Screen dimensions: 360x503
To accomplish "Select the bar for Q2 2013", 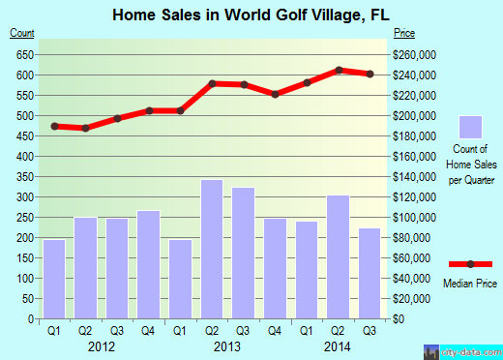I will [212, 249].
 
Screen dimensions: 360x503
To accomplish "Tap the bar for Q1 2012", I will [55, 279].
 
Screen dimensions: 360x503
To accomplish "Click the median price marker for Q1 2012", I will [55, 126].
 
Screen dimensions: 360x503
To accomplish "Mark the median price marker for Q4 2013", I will [276, 94].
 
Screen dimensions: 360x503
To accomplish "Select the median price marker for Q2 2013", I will [212, 83].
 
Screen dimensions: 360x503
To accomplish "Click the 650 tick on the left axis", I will [24, 54].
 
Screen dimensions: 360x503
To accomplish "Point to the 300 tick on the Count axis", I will [24, 196].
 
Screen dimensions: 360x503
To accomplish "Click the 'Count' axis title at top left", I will [23, 34].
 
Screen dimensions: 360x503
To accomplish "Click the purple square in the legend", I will [471, 127].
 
